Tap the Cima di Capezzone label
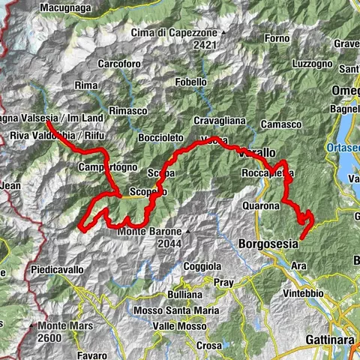(172, 32)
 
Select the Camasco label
(282, 123)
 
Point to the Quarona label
(261, 205)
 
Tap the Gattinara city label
(329, 340)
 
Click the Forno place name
(277, 37)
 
